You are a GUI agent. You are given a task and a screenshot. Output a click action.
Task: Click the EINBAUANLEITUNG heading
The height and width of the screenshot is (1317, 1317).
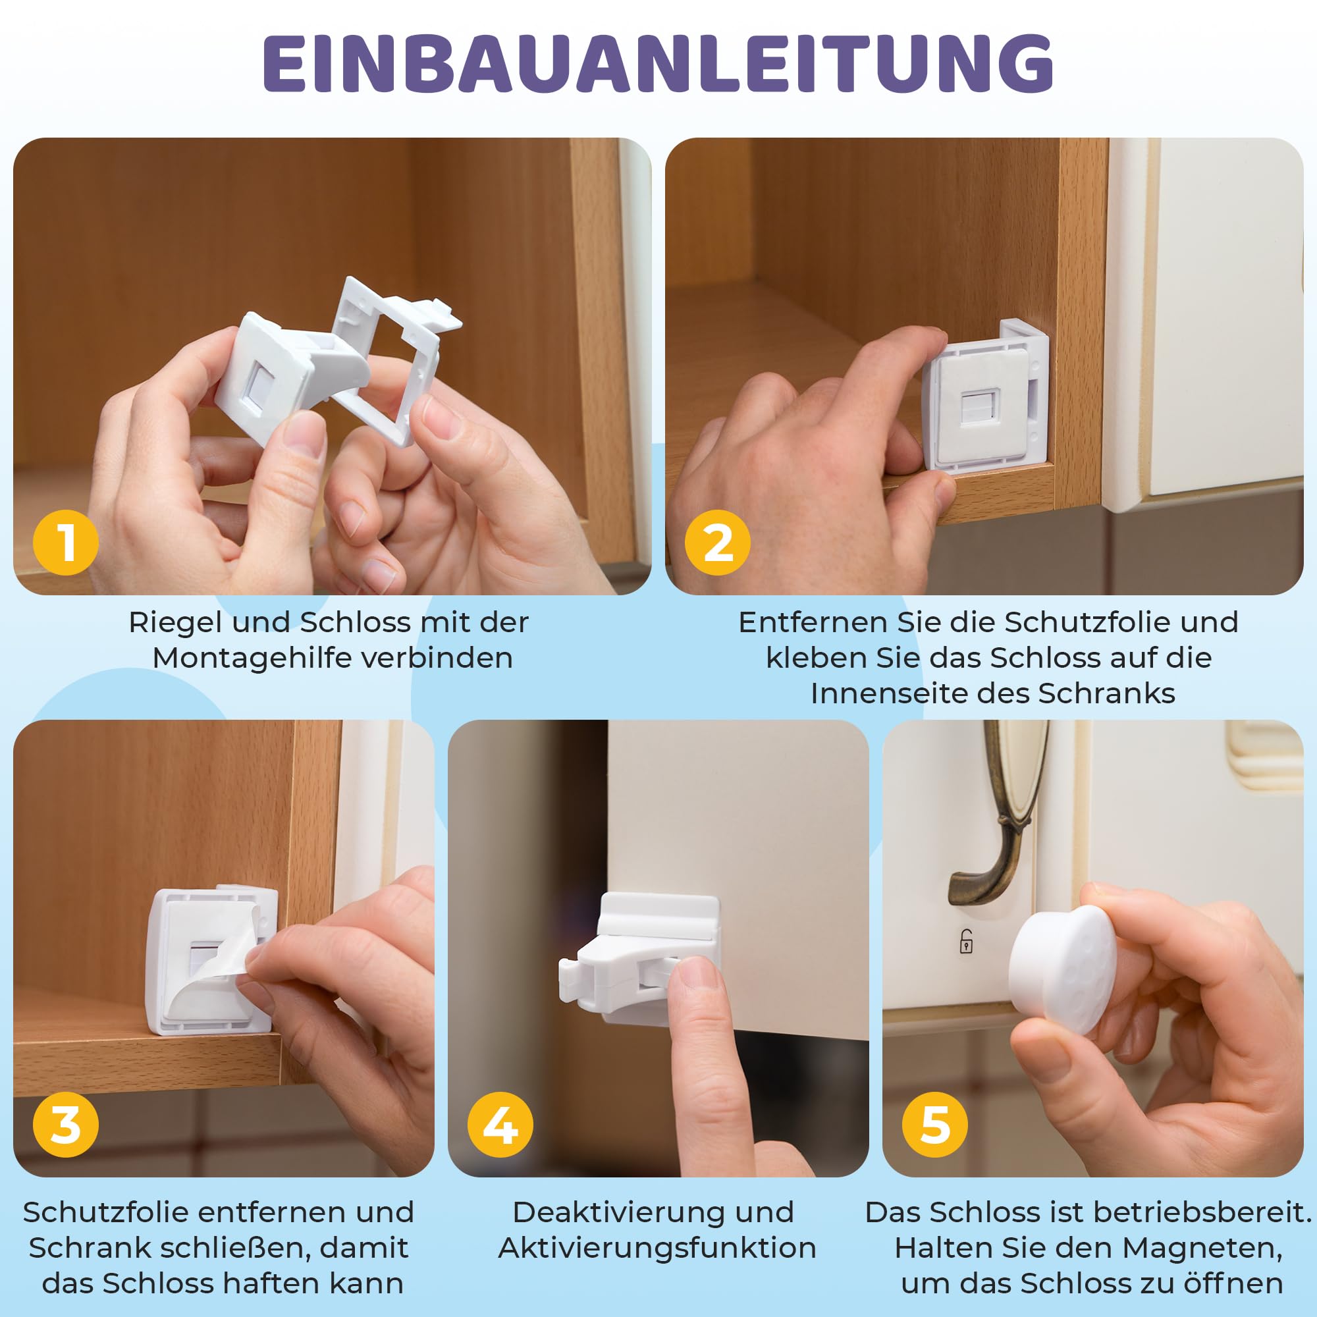pos(658,63)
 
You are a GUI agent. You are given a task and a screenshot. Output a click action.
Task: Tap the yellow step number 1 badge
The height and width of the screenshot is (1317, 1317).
pos(66,543)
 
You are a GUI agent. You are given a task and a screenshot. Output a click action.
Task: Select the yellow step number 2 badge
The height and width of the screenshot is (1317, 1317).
pos(718,543)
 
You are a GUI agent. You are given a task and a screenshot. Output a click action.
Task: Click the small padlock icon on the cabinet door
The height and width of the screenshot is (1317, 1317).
pos(966,942)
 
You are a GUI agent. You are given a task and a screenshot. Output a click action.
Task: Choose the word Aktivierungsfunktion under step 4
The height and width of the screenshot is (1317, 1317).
pos(658,1248)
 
